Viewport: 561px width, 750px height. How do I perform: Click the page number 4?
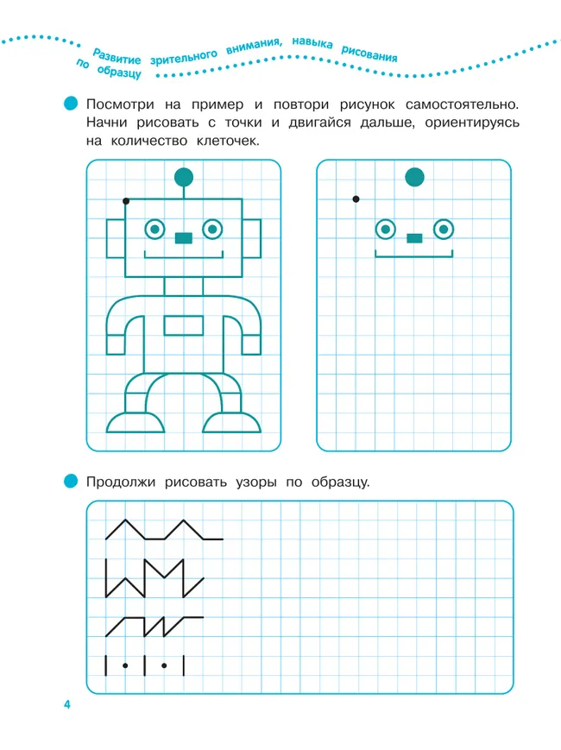coord(67,704)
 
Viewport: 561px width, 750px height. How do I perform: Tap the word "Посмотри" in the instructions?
coord(120,104)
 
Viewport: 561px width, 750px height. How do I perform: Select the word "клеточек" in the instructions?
coord(228,141)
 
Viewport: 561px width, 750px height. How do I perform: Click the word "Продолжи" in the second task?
coord(121,482)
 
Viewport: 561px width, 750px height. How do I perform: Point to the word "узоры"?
coord(256,482)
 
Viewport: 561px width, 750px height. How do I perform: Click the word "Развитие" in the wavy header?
coord(117,56)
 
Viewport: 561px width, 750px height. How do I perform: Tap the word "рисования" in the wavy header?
coord(369,54)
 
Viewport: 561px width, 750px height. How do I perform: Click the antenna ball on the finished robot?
coord(184,177)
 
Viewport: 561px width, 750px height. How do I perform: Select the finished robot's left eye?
coord(154,230)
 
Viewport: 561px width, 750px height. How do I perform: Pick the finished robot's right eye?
coord(212,230)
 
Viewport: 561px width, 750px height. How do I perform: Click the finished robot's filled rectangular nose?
coord(184,237)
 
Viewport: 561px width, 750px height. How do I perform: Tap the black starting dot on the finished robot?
coord(126,201)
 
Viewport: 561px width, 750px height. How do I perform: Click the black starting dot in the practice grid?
coord(356,199)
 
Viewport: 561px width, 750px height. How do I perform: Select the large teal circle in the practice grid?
coord(414,177)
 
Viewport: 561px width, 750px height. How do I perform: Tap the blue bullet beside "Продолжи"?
coord(71,482)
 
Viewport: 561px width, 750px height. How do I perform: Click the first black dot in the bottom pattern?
coord(125,665)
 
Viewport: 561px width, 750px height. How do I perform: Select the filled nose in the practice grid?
coord(414,237)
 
